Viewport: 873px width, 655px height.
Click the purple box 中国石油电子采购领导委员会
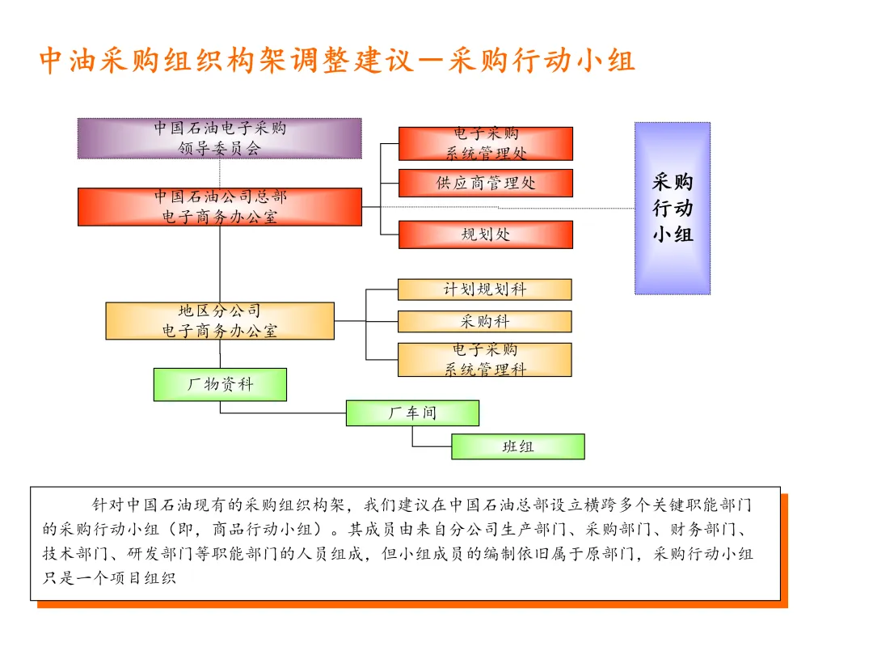click(x=219, y=138)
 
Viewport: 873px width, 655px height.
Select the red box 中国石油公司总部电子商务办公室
click(x=219, y=207)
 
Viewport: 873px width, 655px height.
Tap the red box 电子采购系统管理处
click(x=486, y=144)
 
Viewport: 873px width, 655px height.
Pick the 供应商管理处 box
click(x=486, y=184)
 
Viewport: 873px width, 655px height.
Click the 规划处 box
click(x=486, y=235)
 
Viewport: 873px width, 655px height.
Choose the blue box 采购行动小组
click(x=673, y=208)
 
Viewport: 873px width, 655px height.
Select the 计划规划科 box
click(x=484, y=289)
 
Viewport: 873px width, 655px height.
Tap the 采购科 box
click(x=484, y=322)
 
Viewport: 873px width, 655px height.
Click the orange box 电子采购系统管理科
click(x=484, y=360)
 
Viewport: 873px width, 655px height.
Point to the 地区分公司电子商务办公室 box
click(x=219, y=321)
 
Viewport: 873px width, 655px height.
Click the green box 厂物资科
click(x=220, y=385)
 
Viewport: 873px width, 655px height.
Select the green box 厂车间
click(x=412, y=413)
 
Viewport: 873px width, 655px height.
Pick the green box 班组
click(x=517, y=446)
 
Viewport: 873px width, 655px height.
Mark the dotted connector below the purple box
click(x=219, y=173)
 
